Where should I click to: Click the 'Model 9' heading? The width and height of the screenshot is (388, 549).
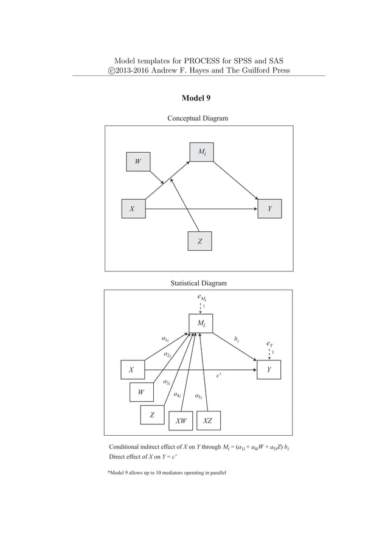tap(196, 98)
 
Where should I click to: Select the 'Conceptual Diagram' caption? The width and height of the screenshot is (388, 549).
tap(198, 117)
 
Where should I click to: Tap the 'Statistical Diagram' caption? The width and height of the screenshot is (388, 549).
tap(198, 283)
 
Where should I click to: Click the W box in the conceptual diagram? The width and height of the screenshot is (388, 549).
tap(137, 161)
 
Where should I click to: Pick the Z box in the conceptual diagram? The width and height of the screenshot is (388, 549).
tap(199, 241)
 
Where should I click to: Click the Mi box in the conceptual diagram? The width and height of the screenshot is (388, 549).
tap(201, 152)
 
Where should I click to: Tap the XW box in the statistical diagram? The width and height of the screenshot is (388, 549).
tap(181, 421)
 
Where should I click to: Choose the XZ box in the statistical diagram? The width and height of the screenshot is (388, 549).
tap(208, 421)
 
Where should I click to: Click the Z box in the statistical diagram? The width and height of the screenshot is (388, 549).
tap(152, 414)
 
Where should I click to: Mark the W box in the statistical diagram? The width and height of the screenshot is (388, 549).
tap(141, 392)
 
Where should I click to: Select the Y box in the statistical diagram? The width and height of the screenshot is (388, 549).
tap(269, 369)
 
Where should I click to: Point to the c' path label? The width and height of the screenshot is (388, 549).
tap(218, 376)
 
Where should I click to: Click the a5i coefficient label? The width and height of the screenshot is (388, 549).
tap(198, 397)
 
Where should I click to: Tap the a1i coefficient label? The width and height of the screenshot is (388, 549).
tap(165, 338)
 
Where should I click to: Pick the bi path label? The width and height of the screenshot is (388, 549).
tap(237, 338)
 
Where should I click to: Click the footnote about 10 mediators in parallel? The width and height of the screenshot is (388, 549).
tap(167, 472)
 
